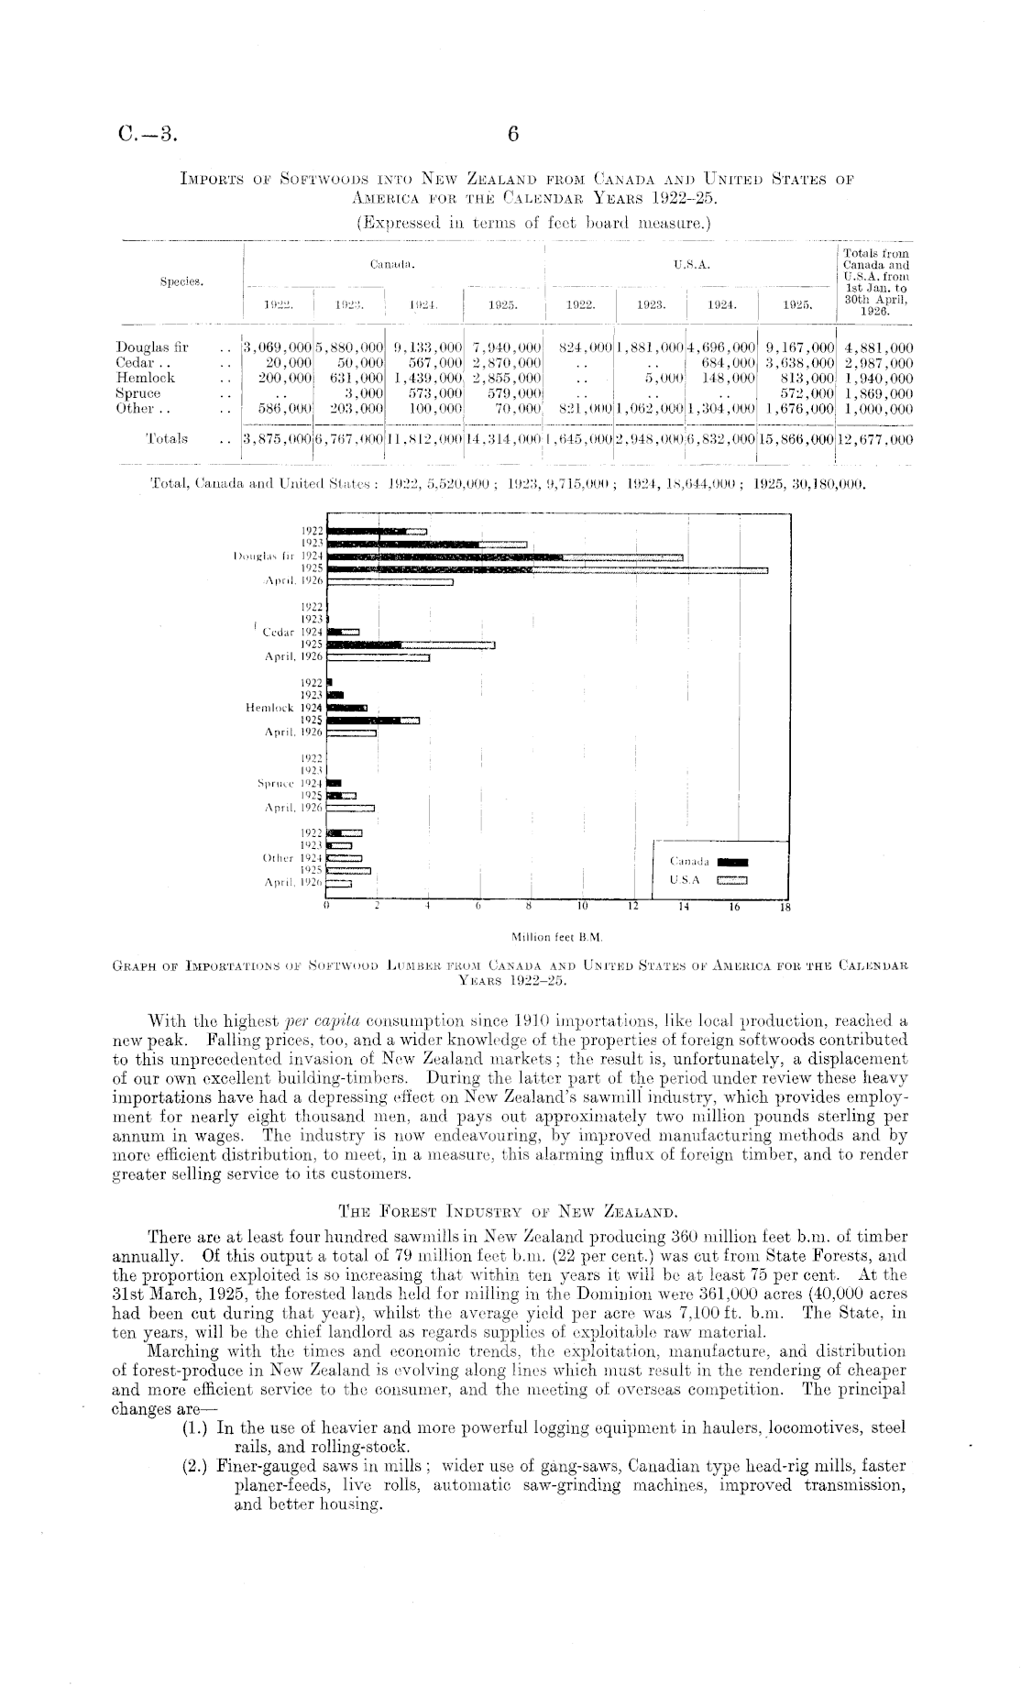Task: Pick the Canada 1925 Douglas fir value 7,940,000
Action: pos(506,347)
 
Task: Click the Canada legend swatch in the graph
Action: pos(733,862)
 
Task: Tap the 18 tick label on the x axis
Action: pos(783,909)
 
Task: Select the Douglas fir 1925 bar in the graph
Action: pos(547,570)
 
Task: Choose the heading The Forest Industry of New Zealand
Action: pos(508,1209)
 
